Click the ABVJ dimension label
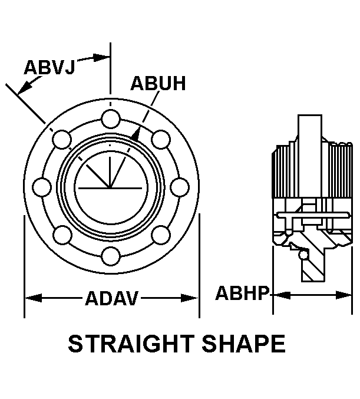pos(49,67)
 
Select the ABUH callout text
pos(158,83)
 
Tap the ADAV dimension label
pos(112,298)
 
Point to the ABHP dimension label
pos(242,293)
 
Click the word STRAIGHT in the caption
pos(131,344)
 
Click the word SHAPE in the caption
pos(244,344)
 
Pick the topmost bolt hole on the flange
pos(111,119)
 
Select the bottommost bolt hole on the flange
pos(111,256)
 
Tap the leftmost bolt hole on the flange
pos(42,187)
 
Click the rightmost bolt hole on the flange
pos(180,187)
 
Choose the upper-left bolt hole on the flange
pos(62,139)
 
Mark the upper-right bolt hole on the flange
pos(161,139)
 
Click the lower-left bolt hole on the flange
pos(62,235)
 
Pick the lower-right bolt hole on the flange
pos(161,235)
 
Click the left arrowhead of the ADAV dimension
pos(34,298)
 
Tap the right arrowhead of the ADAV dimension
pos(189,298)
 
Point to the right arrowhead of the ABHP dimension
pos(344,295)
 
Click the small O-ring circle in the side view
pos(303,255)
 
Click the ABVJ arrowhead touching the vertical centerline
pos(101,58)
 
